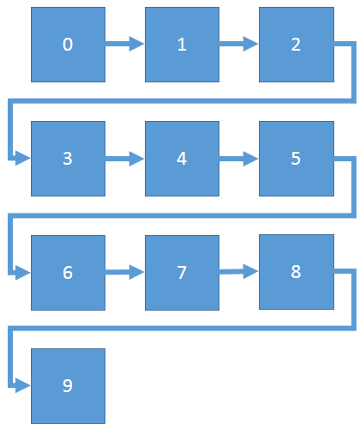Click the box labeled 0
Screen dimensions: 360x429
pos(68,45)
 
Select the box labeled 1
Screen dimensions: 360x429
pos(182,45)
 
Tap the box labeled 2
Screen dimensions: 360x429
pos(297,45)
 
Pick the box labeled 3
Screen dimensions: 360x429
pos(68,159)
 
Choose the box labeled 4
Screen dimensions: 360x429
pos(182,159)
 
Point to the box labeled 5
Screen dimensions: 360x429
pos(297,159)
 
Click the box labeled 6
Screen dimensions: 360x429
pos(68,273)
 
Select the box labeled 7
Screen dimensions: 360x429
pos(182,273)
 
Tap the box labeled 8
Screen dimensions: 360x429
pos(297,272)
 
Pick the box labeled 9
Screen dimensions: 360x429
pos(68,386)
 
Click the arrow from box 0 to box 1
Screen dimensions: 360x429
pos(124,44)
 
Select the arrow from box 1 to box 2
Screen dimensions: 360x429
pos(238,44)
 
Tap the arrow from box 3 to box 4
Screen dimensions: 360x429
pos(124,159)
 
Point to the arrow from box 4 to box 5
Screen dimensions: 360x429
pos(238,159)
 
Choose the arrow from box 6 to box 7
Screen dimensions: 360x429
pos(124,272)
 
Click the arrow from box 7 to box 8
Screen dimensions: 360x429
pos(238,271)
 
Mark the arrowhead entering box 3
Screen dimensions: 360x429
pos(23,158)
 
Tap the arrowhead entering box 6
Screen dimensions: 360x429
pos(23,273)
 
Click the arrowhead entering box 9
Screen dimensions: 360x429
pos(23,385)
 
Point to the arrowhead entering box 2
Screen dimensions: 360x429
pos(250,44)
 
